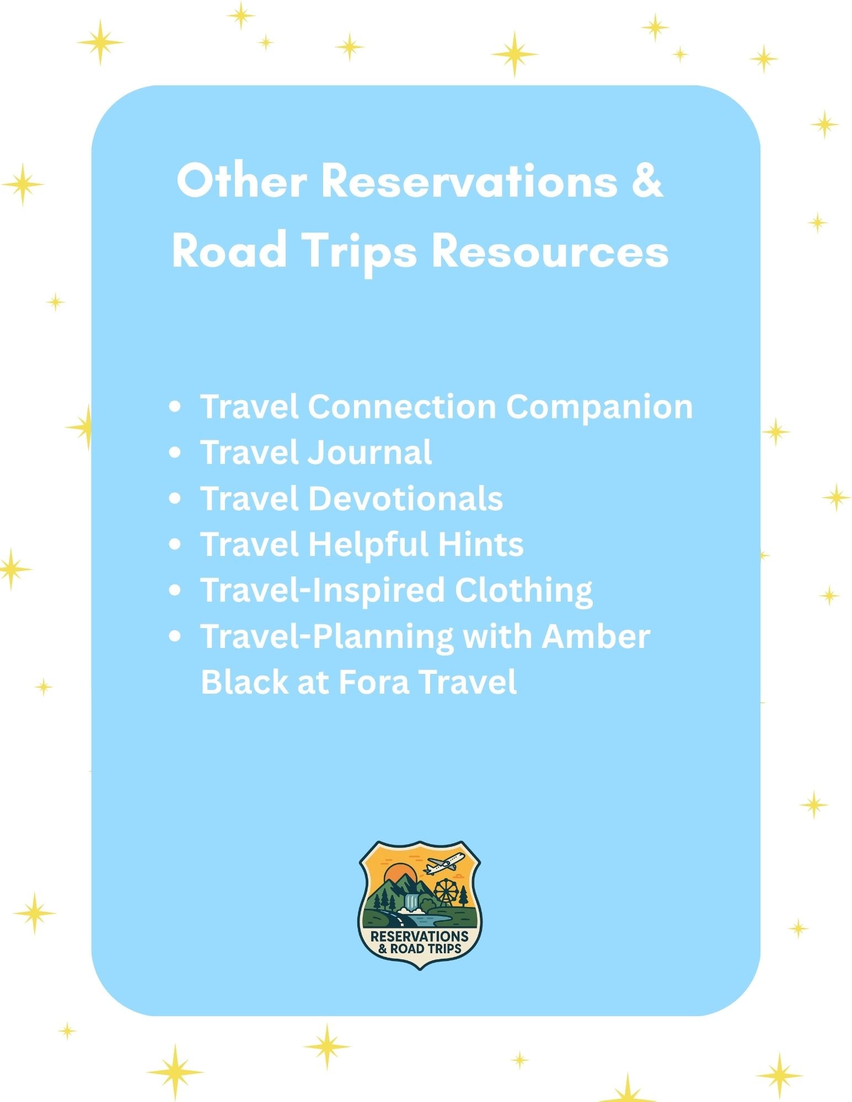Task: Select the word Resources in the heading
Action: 550,251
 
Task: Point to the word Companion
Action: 599,408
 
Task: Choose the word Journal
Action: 369,453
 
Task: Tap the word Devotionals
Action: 405,499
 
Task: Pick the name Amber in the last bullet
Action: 596,636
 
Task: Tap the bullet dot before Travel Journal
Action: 175,453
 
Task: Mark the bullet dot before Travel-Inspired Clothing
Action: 175,590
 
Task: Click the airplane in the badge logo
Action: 444,864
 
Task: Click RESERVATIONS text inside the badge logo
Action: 419,936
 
